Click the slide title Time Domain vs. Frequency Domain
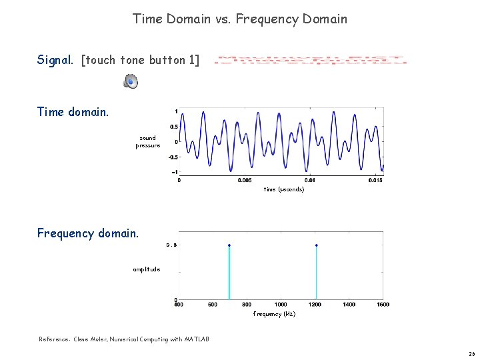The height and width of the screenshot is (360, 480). click(x=240, y=19)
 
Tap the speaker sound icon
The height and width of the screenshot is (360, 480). click(x=131, y=81)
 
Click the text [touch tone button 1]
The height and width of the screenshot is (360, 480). click(x=140, y=60)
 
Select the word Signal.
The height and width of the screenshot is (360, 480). click(x=55, y=60)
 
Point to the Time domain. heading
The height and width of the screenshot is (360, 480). click(x=73, y=112)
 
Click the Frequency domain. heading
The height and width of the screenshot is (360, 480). click(x=88, y=233)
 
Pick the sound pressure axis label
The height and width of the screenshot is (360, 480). click(x=147, y=142)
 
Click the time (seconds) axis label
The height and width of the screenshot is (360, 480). click(x=283, y=189)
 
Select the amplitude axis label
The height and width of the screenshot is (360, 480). click(x=146, y=269)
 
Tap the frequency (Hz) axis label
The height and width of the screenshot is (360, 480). click(x=274, y=314)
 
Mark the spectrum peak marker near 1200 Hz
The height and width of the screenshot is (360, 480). click(x=316, y=245)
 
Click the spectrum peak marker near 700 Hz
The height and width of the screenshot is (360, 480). click(x=229, y=245)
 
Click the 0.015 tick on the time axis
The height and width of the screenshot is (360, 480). click(x=375, y=179)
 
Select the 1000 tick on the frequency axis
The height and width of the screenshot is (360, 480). click(x=281, y=305)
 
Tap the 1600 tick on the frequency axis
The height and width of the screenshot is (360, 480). click(x=383, y=305)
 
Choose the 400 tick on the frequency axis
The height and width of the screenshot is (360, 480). click(x=179, y=305)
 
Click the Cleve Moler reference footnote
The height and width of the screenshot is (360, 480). click(x=124, y=339)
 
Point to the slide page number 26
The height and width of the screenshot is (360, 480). click(x=471, y=353)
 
